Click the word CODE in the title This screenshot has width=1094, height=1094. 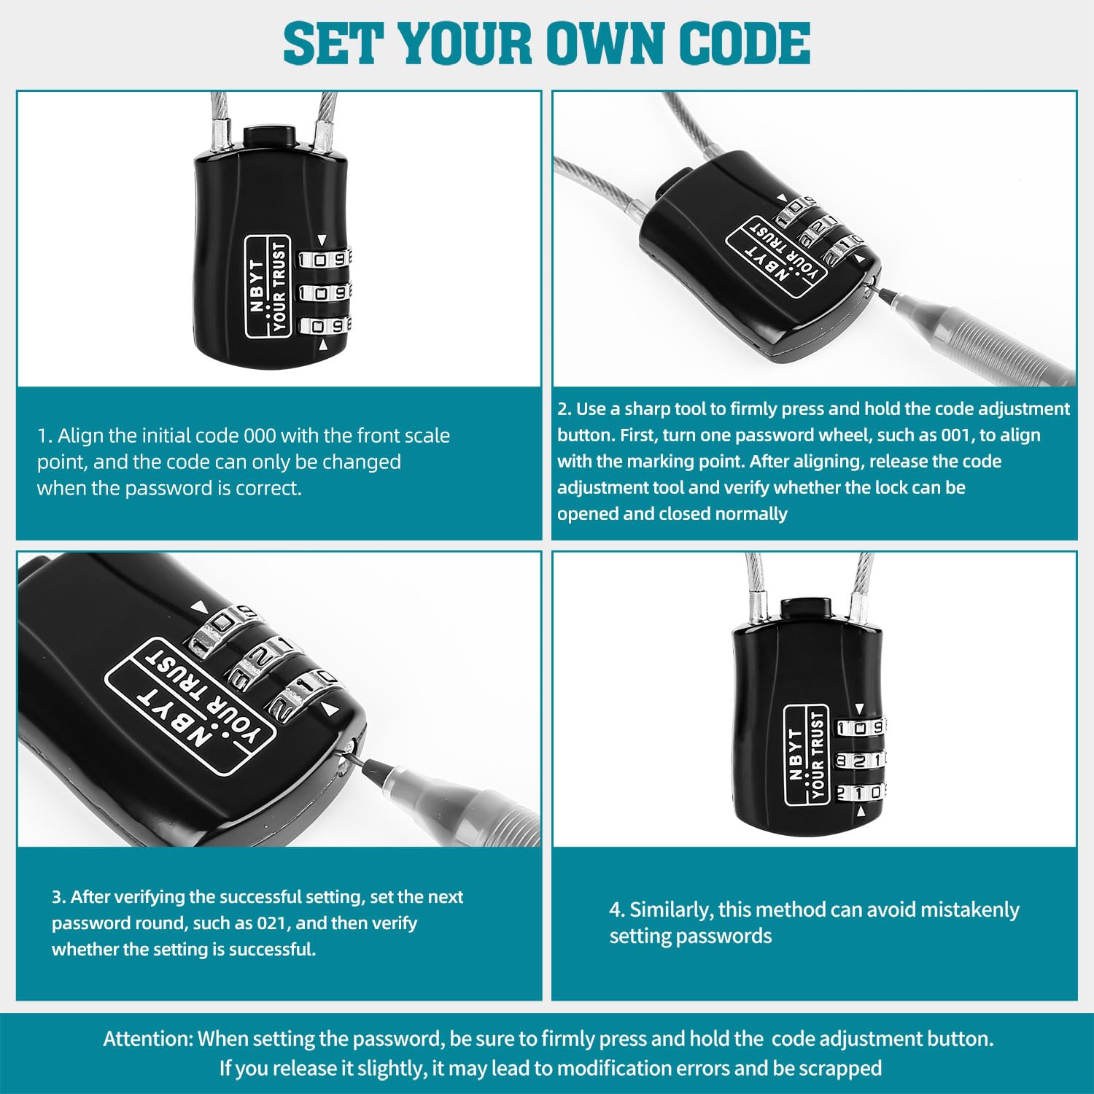pyautogui.click(x=745, y=43)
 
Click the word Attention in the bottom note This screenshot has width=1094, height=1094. pyautogui.click(x=148, y=1039)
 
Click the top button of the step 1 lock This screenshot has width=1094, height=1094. pyautogui.click(x=269, y=136)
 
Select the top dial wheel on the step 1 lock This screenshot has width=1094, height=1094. pyautogui.click(x=324, y=259)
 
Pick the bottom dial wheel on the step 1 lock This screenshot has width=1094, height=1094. pyautogui.click(x=324, y=326)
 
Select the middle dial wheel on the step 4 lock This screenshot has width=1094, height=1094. pyautogui.click(x=860, y=760)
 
